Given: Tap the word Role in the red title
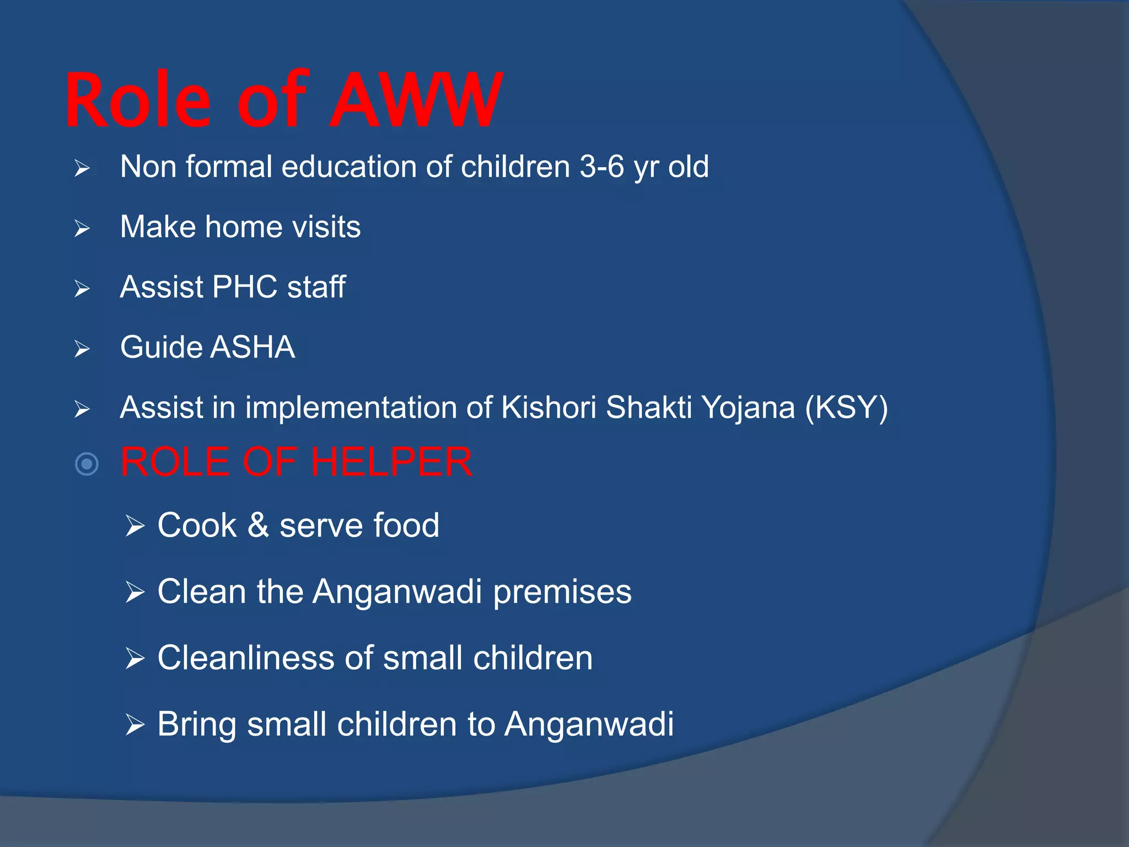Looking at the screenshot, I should click(x=138, y=101).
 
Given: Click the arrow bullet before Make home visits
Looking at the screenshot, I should click(x=82, y=228).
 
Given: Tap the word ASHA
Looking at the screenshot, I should click(x=252, y=347).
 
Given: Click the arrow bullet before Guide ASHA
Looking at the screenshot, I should click(x=82, y=349).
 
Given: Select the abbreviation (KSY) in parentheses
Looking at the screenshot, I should click(x=846, y=408).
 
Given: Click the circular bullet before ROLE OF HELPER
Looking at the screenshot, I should click(x=87, y=464).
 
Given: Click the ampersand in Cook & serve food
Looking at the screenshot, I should click(x=257, y=525).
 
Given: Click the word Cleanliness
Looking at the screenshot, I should click(x=246, y=658).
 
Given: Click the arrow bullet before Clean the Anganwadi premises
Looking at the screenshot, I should click(x=135, y=593).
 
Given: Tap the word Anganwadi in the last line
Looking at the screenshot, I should click(x=589, y=723).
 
